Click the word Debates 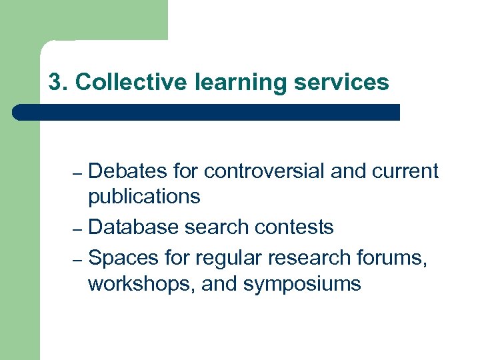tap(128, 171)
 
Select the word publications tap(144, 197)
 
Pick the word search tap(215, 227)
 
